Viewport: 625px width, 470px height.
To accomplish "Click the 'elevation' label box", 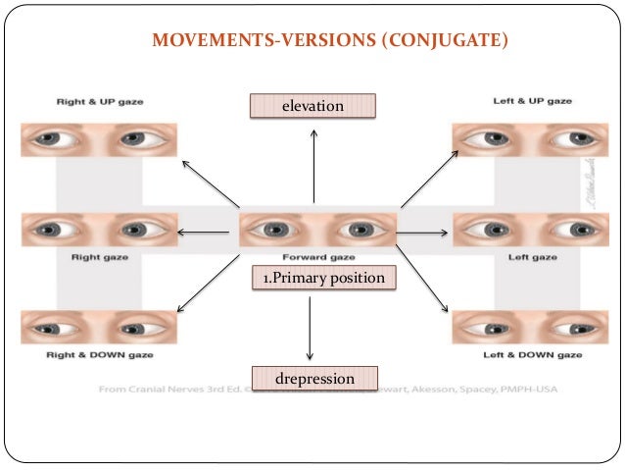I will pyautogui.click(x=313, y=105).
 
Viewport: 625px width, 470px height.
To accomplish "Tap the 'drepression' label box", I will pyautogui.click(x=314, y=377).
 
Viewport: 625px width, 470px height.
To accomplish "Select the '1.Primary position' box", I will pyautogui.click(x=324, y=279).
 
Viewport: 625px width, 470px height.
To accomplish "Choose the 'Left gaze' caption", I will pyautogui.click(x=531, y=257).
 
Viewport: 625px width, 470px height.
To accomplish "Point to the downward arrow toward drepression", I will pyautogui.click(x=310, y=328).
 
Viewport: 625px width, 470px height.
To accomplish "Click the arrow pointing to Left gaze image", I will pyautogui.click(x=422, y=234).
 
